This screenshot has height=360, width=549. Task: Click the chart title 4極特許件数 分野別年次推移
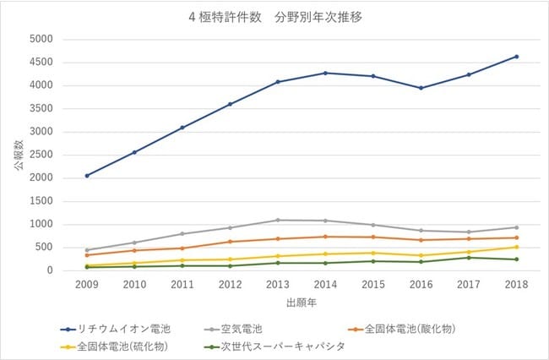pyautogui.click(x=275, y=17)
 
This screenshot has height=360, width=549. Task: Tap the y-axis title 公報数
pyautogui.click(x=19, y=155)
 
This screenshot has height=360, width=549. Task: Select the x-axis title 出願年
pyautogui.click(x=302, y=303)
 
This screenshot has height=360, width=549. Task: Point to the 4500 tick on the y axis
pyautogui.click(x=41, y=63)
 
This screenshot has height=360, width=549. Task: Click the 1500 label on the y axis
pyautogui.click(x=41, y=201)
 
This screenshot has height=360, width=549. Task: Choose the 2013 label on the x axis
pyautogui.click(x=278, y=284)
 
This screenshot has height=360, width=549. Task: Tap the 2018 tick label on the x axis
pyautogui.click(x=516, y=284)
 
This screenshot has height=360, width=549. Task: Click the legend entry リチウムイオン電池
pyautogui.click(x=116, y=330)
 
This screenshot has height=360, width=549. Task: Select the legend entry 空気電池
pyautogui.click(x=233, y=330)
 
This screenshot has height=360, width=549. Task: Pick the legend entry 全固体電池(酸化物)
pyautogui.click(x=402, y=330)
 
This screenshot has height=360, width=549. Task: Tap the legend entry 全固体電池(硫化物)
pyautogui.click(x=114, y=346)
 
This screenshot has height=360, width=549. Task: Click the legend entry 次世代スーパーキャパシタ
pyautogui.click(x=274, y=346)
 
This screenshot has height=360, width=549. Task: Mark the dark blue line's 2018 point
pyautogui.click(x=516, y=57)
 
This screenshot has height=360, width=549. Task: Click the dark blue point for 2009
pyautogui.click(x=87, y=176)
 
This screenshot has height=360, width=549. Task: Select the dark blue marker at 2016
pyautogui.click(x=421, y=88)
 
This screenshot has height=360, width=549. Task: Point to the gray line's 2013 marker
pyautogui.click(x=278, y=221)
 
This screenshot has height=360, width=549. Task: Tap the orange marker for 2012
pyautogui.click(x=230, y=242)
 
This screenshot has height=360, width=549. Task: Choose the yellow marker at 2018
pyautogui.click(x=516, y=248)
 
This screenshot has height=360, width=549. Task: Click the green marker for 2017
pyautogui.click(x=469, y=258)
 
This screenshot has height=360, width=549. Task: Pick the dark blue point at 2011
pyautogui.click(x=182, y=128)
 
